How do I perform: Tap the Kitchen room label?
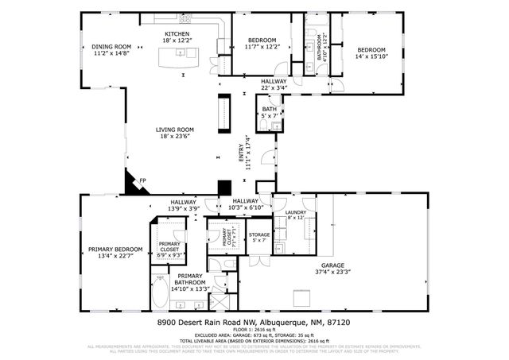(177, 37)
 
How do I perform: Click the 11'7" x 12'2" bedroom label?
(261, 44)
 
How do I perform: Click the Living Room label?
(177, 134)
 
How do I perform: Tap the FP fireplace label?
(143, 181)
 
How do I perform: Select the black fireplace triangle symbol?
(129, 184)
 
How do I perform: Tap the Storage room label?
(259, 237)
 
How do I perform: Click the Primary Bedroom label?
(110, 252)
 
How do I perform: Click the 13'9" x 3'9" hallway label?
(183, 205)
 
